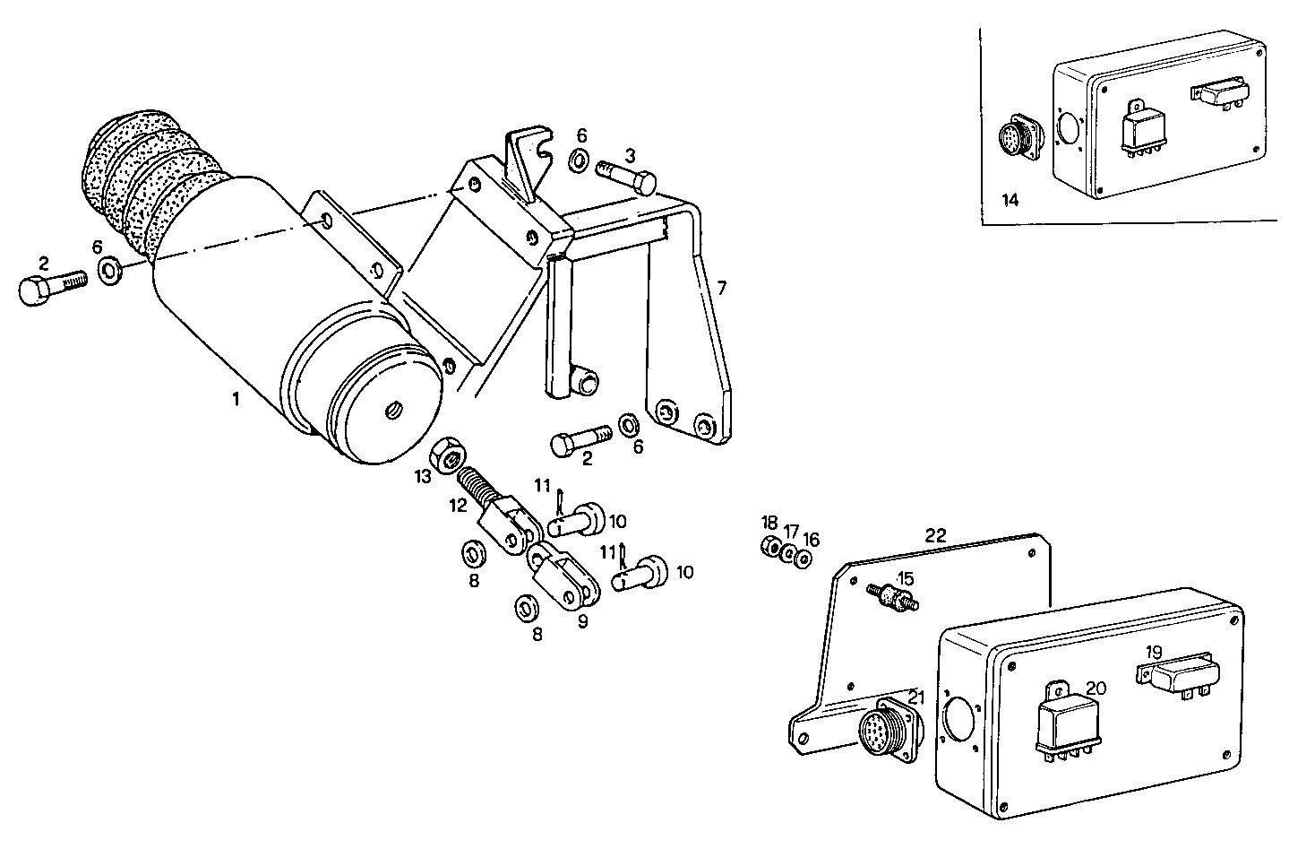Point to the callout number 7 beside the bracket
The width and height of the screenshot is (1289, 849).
click(x=721, y=288)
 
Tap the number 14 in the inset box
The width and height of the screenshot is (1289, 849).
click(x=1010, y=200)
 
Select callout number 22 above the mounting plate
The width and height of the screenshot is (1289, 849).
click(x=935, y=535)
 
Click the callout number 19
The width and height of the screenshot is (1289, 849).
click(x=1154, y=654)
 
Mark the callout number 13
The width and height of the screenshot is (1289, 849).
click(x=423, y=477)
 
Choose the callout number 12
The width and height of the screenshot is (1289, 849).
click(x=459, y=505)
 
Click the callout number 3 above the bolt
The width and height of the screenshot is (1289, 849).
click(x=630, y=155)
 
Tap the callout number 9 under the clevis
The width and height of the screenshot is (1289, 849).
click(x=582, y=620)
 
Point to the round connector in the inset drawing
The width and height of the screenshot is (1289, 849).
click(x=1017, y=140)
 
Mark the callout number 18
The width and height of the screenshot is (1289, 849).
click(x=769, y=523)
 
